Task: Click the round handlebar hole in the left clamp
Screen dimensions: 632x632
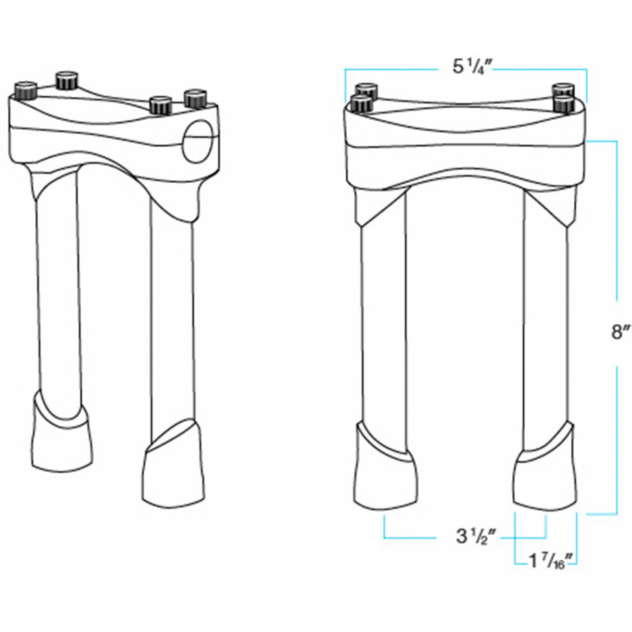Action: click(198, 142)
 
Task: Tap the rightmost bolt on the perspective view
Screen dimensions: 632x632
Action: click(196, 98)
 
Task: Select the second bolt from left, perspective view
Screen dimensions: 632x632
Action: click(67, 80)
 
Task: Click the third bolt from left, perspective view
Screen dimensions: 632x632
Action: click(161, 106)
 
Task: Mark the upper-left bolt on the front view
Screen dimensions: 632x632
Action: click(366, 90)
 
